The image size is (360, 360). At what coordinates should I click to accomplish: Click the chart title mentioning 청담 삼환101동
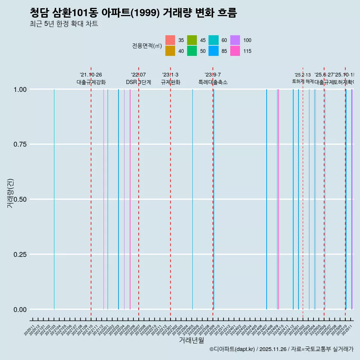click(x=133, y=13)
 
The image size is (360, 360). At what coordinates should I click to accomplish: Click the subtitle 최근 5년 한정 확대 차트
click(x=64, y=24)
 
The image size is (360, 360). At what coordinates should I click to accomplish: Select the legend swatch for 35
click(x=170, y=40)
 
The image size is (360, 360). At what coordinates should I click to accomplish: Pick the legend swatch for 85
click(x=213, y=51)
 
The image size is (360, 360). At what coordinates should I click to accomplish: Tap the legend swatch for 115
click(x=235, y=51)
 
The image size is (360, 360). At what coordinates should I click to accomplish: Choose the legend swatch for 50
click(x=192, y=51)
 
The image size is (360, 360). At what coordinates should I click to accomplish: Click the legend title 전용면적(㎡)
click(x=147, y=46)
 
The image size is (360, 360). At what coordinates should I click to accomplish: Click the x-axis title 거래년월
click(x=192, y=340)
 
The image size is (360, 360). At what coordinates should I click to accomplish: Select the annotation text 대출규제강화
click(x=91, y=82)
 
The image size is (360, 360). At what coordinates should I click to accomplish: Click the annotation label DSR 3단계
click(x=138, y=82)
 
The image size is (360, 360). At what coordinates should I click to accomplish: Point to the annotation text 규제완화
click(x=171, y=82)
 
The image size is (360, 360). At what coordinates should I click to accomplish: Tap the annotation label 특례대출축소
click(x=213, y=82)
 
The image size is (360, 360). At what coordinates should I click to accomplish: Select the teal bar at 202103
click(x=54, y=199)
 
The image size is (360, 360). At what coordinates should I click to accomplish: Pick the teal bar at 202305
click(x=192, y=199)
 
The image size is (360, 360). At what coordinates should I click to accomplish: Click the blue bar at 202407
click(x=267, y=199)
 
